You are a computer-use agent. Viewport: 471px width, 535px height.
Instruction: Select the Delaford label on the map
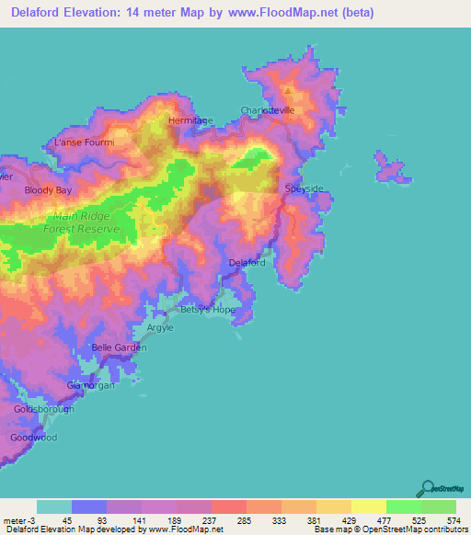tap(247, 263)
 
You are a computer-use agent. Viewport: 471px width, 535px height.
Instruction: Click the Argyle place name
tap(160, 327)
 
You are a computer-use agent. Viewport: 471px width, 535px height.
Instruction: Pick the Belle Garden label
tap(119, 347)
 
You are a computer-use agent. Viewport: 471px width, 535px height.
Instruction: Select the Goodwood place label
tap(35, 438)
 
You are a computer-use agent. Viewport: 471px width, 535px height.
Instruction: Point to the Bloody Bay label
tap(48, 190)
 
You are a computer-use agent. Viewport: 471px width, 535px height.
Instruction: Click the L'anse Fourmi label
tap(85, 142)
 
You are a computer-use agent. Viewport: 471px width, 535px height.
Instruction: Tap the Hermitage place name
tap(190, 120)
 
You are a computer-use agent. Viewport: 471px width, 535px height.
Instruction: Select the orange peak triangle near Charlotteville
tap(288, 91)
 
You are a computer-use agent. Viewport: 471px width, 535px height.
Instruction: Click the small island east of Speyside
tap(390, 167)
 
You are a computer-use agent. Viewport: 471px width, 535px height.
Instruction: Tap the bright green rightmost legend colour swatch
tap(438, 507)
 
